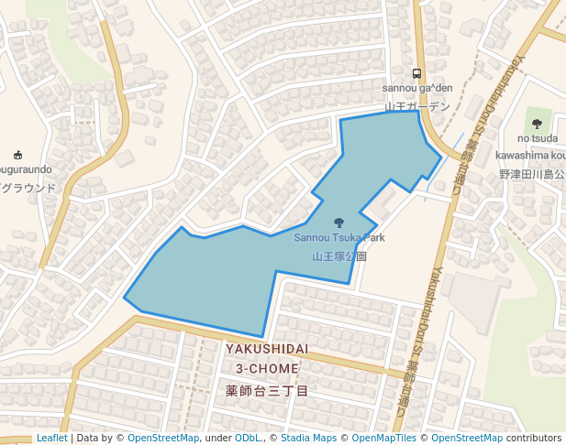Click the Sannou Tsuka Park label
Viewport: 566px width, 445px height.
coord(339,238)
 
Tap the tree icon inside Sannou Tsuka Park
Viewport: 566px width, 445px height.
coord(339,222)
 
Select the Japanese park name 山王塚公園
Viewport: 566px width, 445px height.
coord(339,257)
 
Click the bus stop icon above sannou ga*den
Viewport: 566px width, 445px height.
coord(417,73)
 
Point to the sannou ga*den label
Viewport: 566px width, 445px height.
coord(417,88)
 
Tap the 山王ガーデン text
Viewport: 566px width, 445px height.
coord(417,107)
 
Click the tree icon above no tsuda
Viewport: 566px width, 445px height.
coord(537,123)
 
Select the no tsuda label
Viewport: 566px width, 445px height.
coord(537,138)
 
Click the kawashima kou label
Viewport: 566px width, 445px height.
coord(533,155)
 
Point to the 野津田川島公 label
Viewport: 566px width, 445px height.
coord(532,174)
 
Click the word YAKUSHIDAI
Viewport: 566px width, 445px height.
coord(267,350)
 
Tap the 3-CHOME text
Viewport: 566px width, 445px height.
coord(267,368)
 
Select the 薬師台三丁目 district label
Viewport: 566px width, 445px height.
coord(267,391)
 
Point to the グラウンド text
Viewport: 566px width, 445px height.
coord(28,189)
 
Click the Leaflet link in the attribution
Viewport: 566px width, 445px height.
coord(51,439)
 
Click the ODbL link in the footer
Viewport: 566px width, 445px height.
coord(248,439)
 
